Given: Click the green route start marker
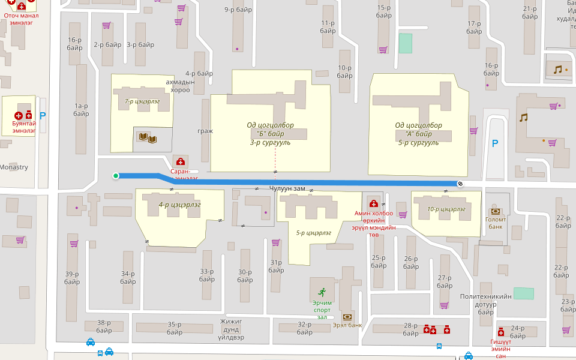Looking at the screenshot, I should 116,176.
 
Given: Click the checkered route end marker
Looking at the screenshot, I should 460,184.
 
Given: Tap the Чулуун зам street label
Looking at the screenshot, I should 287,188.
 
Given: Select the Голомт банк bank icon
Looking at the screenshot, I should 496,211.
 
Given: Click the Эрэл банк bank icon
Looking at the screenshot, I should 347,317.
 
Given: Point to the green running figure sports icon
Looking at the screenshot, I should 322,292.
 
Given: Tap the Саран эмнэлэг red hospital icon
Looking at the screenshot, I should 180,162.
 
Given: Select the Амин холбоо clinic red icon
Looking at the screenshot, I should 373,204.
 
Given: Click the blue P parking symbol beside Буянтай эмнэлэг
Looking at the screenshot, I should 43,115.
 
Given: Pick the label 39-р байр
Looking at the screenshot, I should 72,278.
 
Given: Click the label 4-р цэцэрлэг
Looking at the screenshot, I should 179,205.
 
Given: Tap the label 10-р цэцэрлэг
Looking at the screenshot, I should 446,209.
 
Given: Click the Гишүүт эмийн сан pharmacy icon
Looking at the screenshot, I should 501,332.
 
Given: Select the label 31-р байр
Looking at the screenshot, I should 276,266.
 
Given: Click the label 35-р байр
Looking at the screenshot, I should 175,328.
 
